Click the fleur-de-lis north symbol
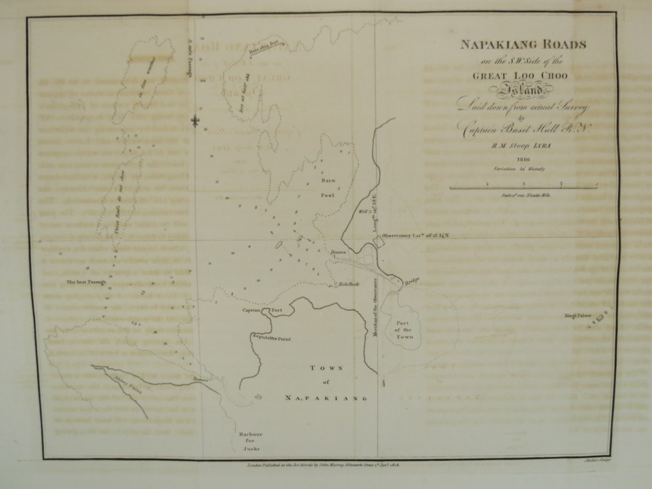coord(193,121)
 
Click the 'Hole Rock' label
coord(346,283)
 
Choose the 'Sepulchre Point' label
coord(271,333)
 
